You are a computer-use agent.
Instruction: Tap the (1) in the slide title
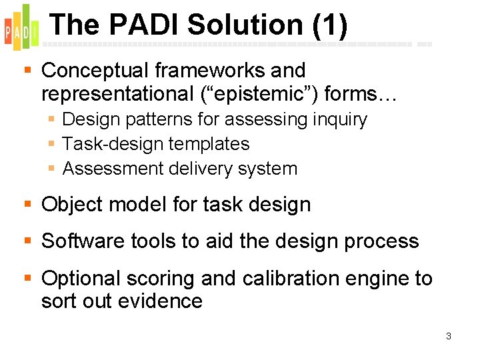[x=329, y=25]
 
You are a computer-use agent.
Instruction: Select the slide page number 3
[x=449, y=336]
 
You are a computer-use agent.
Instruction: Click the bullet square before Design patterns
[x=52, y=120]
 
